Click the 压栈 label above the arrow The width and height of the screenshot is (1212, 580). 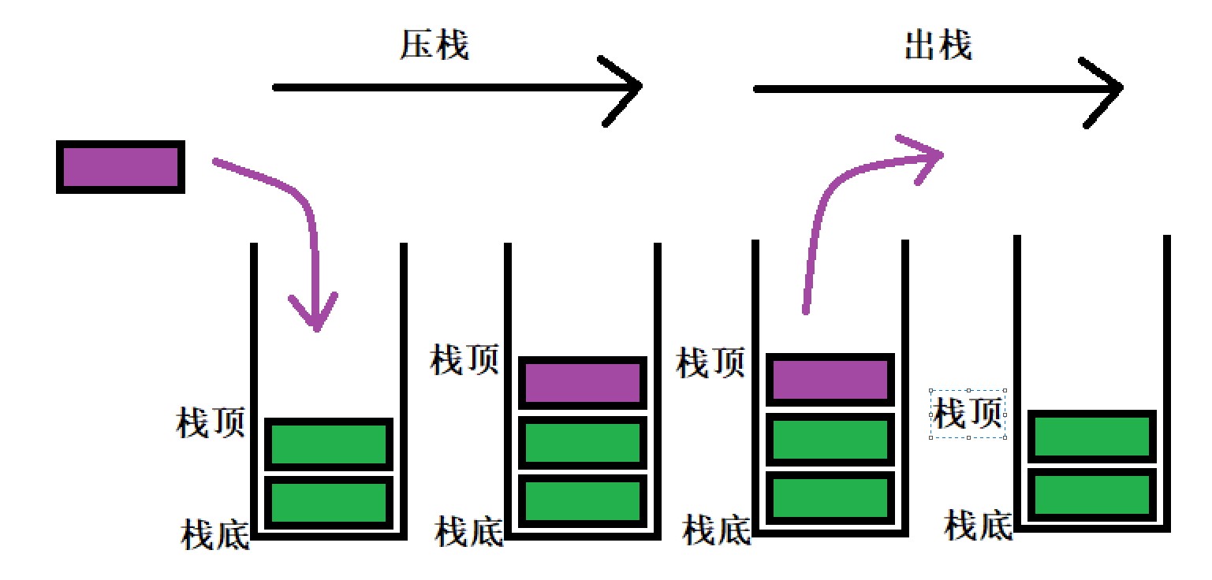[434, 46]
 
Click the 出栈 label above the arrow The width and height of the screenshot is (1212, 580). [938, 46]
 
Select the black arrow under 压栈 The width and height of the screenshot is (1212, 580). [457, 87]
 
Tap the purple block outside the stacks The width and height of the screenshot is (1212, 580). [121, 167]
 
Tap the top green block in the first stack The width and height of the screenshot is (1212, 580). [329, 444]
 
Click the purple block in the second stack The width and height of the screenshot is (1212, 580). [583, 383]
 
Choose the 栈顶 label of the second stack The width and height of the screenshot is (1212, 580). [464, 361]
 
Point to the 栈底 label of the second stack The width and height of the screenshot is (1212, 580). [469, 532]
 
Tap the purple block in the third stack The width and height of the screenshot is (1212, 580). [830, 380]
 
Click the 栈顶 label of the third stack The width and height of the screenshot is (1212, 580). [710, 364]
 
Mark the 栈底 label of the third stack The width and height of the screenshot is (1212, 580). [717, 530]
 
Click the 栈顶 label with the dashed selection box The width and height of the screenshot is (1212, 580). [968, 413]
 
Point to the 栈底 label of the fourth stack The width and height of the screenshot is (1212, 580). [979, 525]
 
